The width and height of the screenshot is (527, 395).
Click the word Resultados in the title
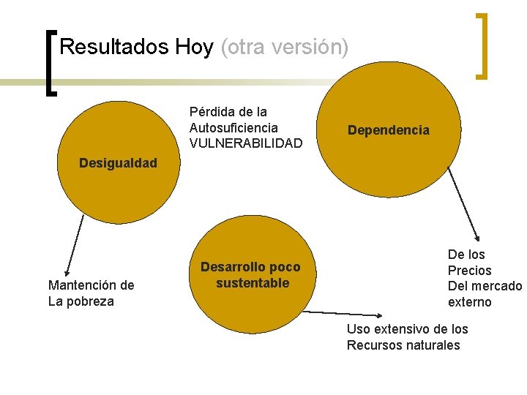[x=114, y=48]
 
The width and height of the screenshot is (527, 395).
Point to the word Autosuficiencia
[x=233, y=128]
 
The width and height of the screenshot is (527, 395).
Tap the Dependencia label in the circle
[x=388, y=130]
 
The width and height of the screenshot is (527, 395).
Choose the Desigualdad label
[x=118, y=163]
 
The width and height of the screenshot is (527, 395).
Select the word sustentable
[x=253, y=283]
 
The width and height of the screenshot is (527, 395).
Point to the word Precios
[x=469, y=271]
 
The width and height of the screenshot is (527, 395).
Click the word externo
[x=469, y=302]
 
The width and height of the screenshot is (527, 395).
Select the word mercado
[x=496, y=286]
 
